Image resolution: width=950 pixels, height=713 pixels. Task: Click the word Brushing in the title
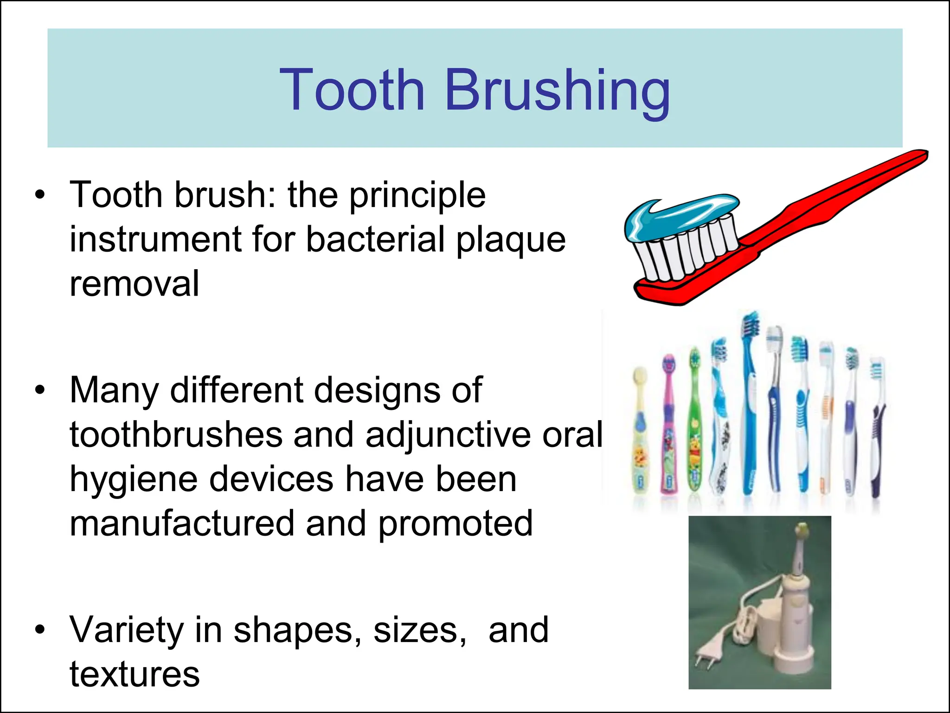[x=558, y=91]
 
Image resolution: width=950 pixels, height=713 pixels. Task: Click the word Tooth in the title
[x=352, y=91]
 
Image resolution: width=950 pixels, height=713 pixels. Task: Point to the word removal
[x=135, y=284]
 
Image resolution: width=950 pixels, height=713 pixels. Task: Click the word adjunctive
[x=448, y=435]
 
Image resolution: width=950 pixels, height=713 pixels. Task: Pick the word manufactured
[x=182, y=524]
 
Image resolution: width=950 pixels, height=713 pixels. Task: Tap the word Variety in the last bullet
[x=126, y=630]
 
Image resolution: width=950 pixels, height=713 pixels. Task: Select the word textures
[x=135, y=674]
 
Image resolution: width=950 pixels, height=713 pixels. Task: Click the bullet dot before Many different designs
[x=40, y=390]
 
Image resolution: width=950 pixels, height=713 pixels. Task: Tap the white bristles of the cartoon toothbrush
[x=687, y=251]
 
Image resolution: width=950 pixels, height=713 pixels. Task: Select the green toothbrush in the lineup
[x=694, y=422]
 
